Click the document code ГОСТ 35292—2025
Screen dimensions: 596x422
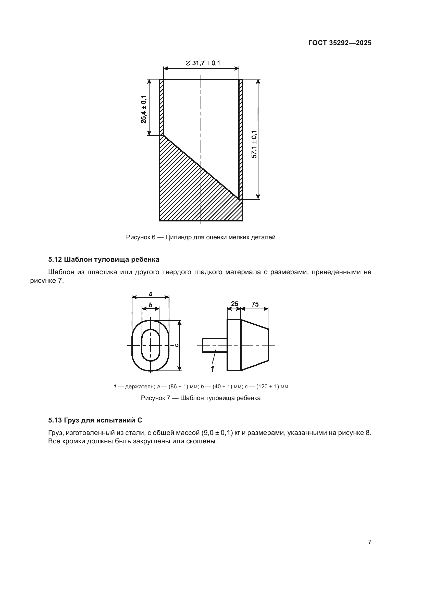340,43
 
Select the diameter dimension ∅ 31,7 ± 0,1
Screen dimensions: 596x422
202,63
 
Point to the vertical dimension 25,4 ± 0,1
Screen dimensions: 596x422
144,109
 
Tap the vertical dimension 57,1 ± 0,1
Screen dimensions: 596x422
254,144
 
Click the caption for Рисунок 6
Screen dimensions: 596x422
201,237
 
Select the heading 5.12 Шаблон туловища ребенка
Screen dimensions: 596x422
103,260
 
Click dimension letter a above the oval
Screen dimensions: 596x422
151,294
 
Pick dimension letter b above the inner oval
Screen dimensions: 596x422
151,305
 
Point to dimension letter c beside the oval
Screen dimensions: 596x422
176,345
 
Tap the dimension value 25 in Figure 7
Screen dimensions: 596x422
234,304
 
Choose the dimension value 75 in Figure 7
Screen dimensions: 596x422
255,304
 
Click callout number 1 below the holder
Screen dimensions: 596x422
213,369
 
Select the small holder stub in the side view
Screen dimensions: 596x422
215,345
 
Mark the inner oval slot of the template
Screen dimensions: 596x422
151,345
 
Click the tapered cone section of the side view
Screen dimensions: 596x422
255,345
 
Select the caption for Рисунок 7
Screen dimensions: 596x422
201,398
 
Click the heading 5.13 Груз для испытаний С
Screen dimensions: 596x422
95,420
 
